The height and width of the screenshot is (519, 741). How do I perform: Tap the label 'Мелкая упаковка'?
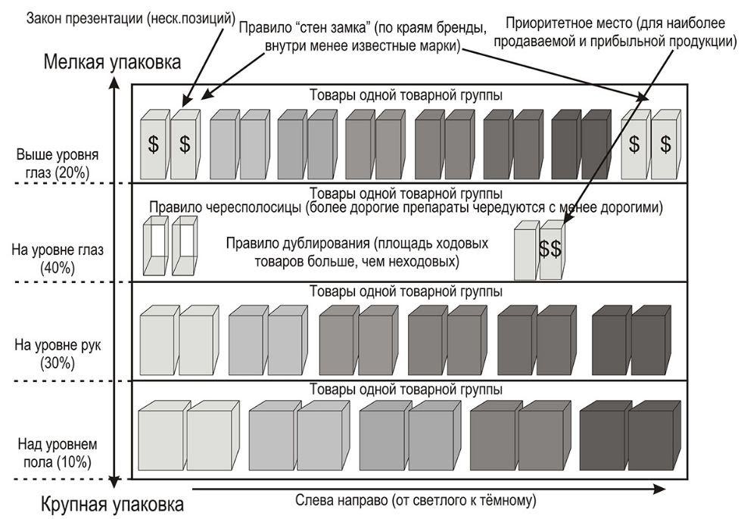pyautogui.click(x=113, y=62)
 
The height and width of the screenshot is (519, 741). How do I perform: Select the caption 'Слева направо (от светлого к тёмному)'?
pyautogui.click(x=416, y=500)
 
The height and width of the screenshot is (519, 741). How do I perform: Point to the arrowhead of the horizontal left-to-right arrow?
pyautogui.click(x=650, y=490)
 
